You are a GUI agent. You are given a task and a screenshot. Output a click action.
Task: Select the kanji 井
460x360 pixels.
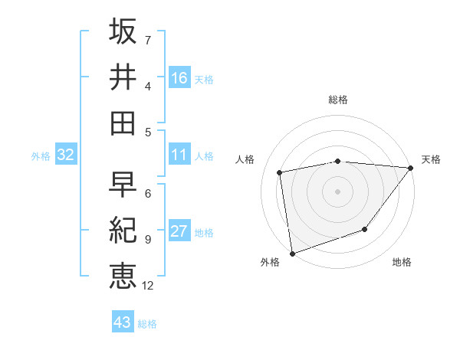coord(123,77)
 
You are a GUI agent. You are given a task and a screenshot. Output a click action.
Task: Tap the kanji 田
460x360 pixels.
coord(123,123)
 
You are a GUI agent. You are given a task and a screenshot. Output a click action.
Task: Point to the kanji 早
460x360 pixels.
coord(123,185)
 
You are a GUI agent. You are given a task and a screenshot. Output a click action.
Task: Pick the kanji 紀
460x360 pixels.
coord(123,231)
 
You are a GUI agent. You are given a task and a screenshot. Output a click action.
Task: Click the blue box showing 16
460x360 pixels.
coord(179,77)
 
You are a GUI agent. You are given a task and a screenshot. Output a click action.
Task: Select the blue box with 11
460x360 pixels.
coord(179,155)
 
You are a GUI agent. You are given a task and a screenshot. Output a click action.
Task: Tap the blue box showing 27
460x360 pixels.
coord(179,232)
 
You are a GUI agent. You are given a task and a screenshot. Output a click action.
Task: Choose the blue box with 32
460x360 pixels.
coord(66,155)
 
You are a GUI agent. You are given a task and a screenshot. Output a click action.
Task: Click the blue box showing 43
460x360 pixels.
coord(123,322)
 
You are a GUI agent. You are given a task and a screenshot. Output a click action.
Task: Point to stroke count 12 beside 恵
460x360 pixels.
coord(149,286)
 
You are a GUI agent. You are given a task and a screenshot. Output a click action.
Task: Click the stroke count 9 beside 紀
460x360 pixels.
coord(148,240)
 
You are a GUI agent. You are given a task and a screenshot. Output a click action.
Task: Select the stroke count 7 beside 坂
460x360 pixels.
coord(148,39)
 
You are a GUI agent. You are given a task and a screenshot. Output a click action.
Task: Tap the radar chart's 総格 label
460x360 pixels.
coord(338,100)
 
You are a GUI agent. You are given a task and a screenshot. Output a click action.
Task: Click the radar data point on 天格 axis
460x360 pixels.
coord(411,168)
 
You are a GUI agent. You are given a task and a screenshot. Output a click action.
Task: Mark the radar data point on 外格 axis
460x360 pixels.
coord(292,253)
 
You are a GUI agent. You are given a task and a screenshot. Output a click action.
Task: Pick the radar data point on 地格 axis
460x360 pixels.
coord(366,229)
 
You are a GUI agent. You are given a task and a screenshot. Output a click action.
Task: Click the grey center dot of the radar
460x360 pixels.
coord(337,191)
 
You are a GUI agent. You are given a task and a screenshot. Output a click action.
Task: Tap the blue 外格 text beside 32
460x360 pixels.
coord(41,156)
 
